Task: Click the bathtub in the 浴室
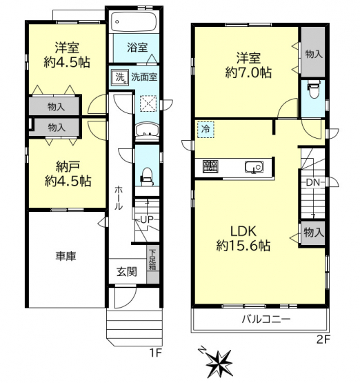point(134,22)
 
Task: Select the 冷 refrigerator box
point(206,130)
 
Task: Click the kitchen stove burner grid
point(210,167)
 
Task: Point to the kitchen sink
point(254,167)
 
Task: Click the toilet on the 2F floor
point(313,90)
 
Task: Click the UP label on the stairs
point(147,219)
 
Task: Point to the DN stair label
point(313,182)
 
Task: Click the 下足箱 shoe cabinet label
point(152,259)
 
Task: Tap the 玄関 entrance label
point(127,272)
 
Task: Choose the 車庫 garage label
point(66,256)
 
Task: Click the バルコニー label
point(266,319)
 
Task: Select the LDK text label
point(243,231)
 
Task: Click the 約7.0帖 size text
point(248,72)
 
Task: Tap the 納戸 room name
point(68,167)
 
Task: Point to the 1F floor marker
point(156,353)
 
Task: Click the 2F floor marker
point(323,340)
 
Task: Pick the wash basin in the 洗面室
point(147,130)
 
